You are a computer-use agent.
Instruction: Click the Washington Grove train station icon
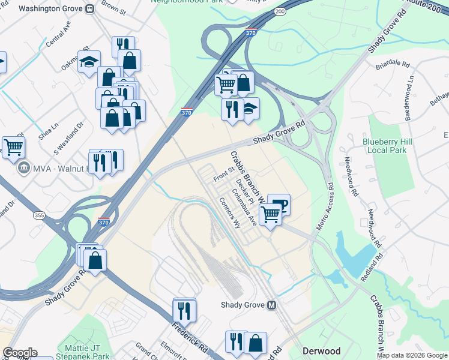(89, 9)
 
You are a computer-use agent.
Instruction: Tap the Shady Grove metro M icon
(272, 305)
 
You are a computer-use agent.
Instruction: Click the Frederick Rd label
(189, 339)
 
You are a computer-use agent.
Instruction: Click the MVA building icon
(25, 167)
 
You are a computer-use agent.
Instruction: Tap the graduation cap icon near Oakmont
(89, 62)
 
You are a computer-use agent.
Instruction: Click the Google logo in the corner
(20, 352)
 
